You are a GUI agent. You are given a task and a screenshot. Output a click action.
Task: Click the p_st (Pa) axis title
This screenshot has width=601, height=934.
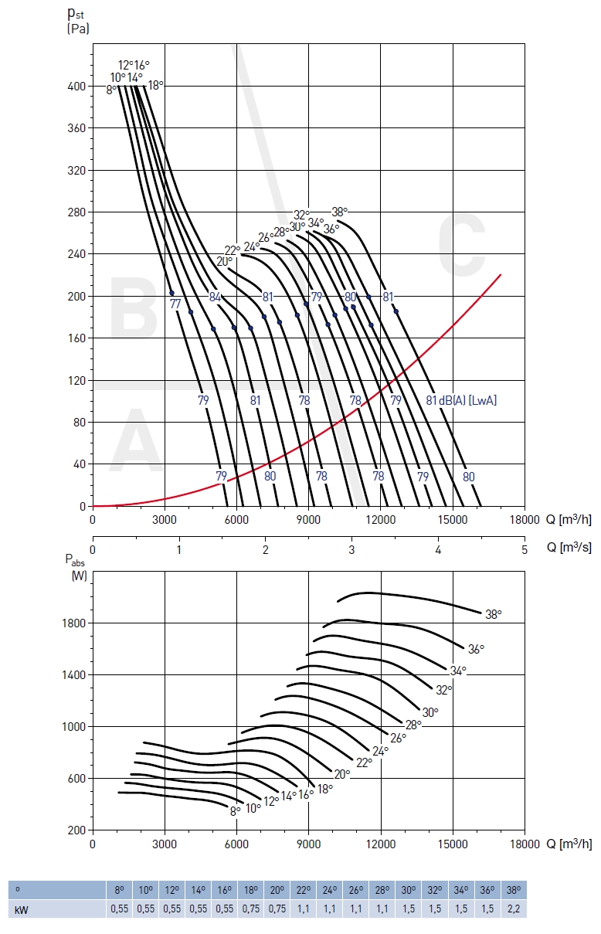[78, 22]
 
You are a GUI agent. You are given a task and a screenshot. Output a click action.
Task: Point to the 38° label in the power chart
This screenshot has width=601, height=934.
[494, 614]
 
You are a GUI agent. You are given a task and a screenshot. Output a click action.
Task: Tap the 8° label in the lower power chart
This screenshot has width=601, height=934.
[236, 811]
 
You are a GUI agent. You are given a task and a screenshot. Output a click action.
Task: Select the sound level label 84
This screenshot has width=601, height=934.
[216, 297]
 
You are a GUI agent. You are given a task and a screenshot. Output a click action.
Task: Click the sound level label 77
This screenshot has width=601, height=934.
[175, 304]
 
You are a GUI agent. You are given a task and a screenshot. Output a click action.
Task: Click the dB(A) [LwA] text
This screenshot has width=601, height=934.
[468, 400]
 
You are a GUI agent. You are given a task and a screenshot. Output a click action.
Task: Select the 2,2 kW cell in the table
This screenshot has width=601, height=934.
[513, 909]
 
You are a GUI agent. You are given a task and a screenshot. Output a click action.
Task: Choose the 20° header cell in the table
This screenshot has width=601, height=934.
[277, 889]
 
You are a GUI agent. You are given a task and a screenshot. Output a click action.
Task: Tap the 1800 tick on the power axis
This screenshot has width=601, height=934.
[75, 623]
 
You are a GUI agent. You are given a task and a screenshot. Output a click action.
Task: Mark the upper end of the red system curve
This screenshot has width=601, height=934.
[501, 274]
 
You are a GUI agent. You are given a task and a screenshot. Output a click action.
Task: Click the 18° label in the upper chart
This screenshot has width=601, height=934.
[155, 85]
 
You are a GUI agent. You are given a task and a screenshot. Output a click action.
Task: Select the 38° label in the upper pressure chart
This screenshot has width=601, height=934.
[340, 212]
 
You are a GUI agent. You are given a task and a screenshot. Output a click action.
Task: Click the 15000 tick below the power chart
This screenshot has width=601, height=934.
[452, 844]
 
